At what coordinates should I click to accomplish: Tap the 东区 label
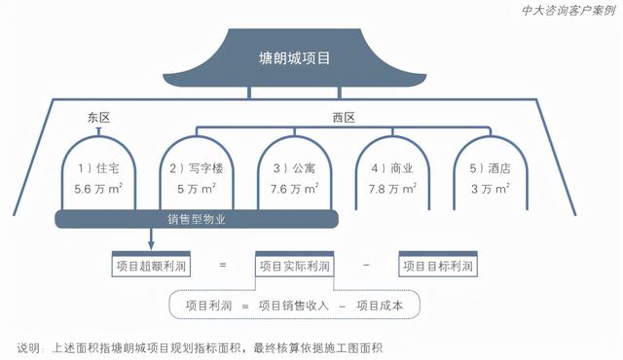[x=99, y=118]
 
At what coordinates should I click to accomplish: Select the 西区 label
[x=344, y=118]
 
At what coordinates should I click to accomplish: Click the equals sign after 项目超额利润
[x=223, y=265]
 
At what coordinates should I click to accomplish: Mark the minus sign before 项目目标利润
[x=365, y=265]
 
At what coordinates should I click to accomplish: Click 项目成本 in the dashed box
[x=393, y=305]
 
